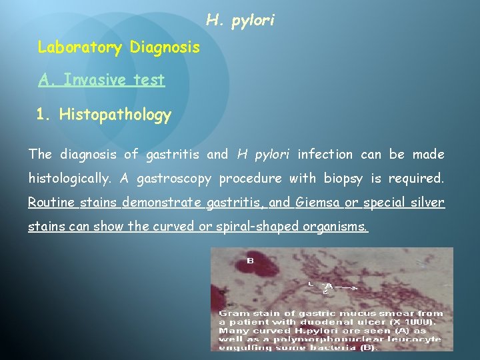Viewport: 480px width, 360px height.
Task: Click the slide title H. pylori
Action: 240,21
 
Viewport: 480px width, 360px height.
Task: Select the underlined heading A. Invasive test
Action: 101,80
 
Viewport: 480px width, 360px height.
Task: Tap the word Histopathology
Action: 115,115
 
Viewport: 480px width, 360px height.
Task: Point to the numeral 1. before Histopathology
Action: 43,115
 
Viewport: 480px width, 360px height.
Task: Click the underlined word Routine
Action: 53,203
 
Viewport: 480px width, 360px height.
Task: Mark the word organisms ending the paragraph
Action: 335,227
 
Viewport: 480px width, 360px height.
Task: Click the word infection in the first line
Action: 325,155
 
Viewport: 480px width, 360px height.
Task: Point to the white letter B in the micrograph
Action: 251,260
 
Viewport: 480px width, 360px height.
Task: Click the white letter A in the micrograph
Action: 329,286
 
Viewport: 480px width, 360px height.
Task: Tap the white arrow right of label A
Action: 348,287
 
